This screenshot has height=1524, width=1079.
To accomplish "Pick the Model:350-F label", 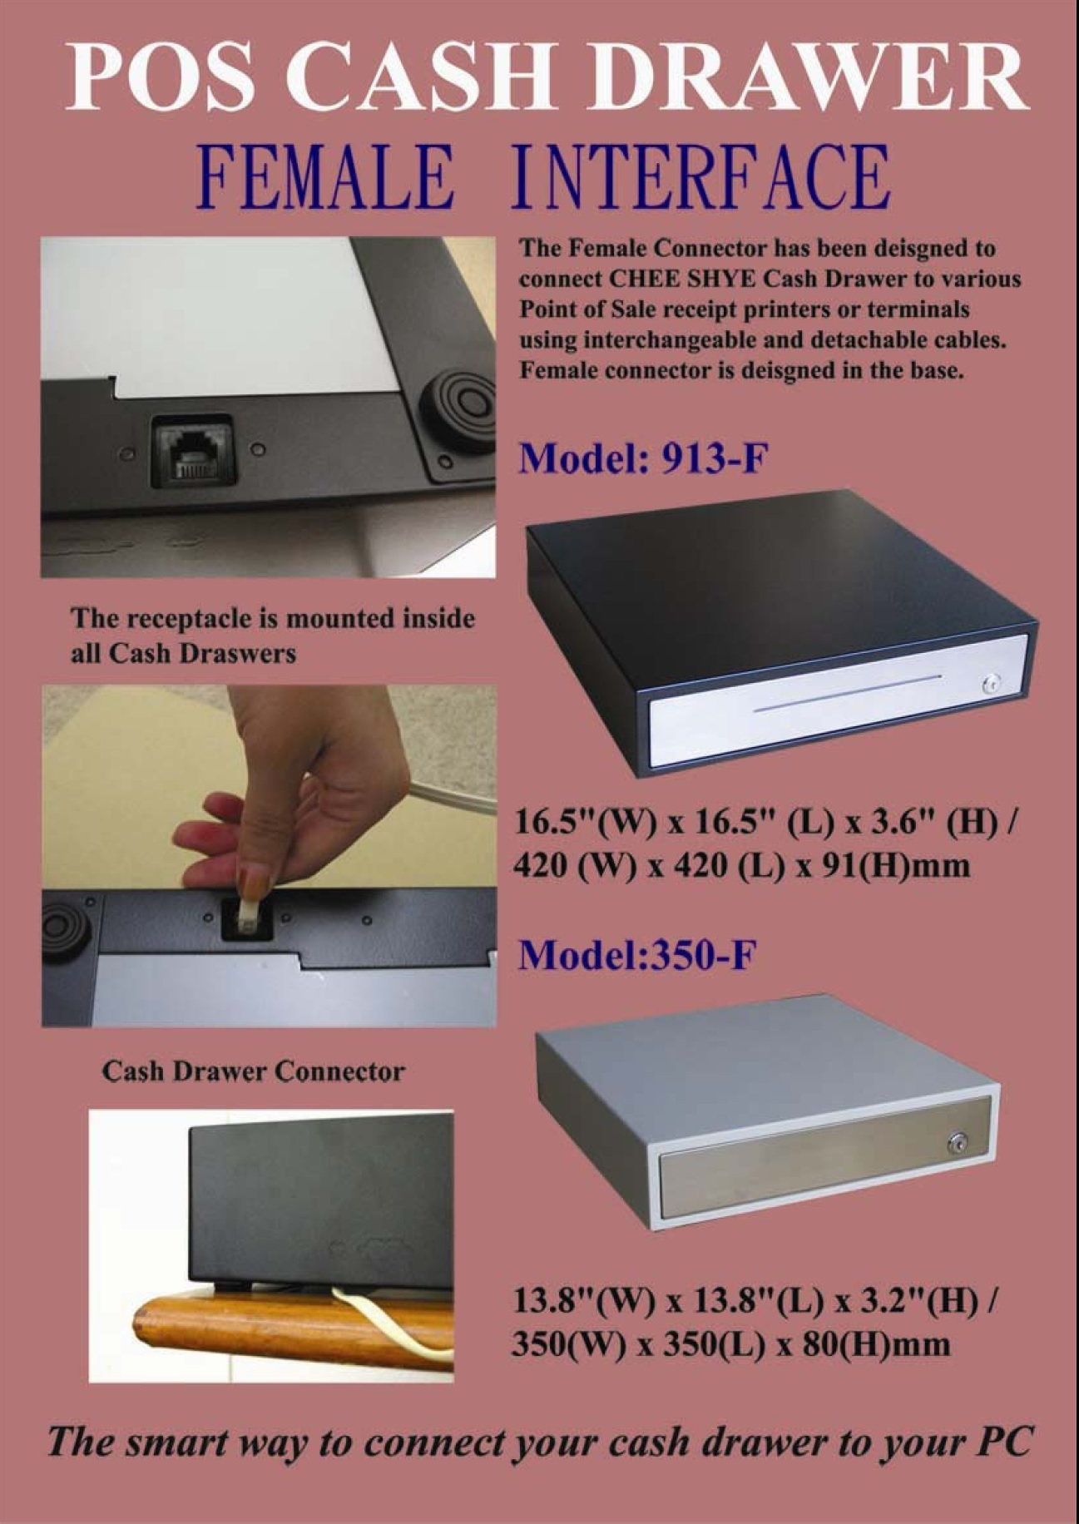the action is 637,956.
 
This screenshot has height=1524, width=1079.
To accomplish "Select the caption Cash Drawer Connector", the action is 253,1071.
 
